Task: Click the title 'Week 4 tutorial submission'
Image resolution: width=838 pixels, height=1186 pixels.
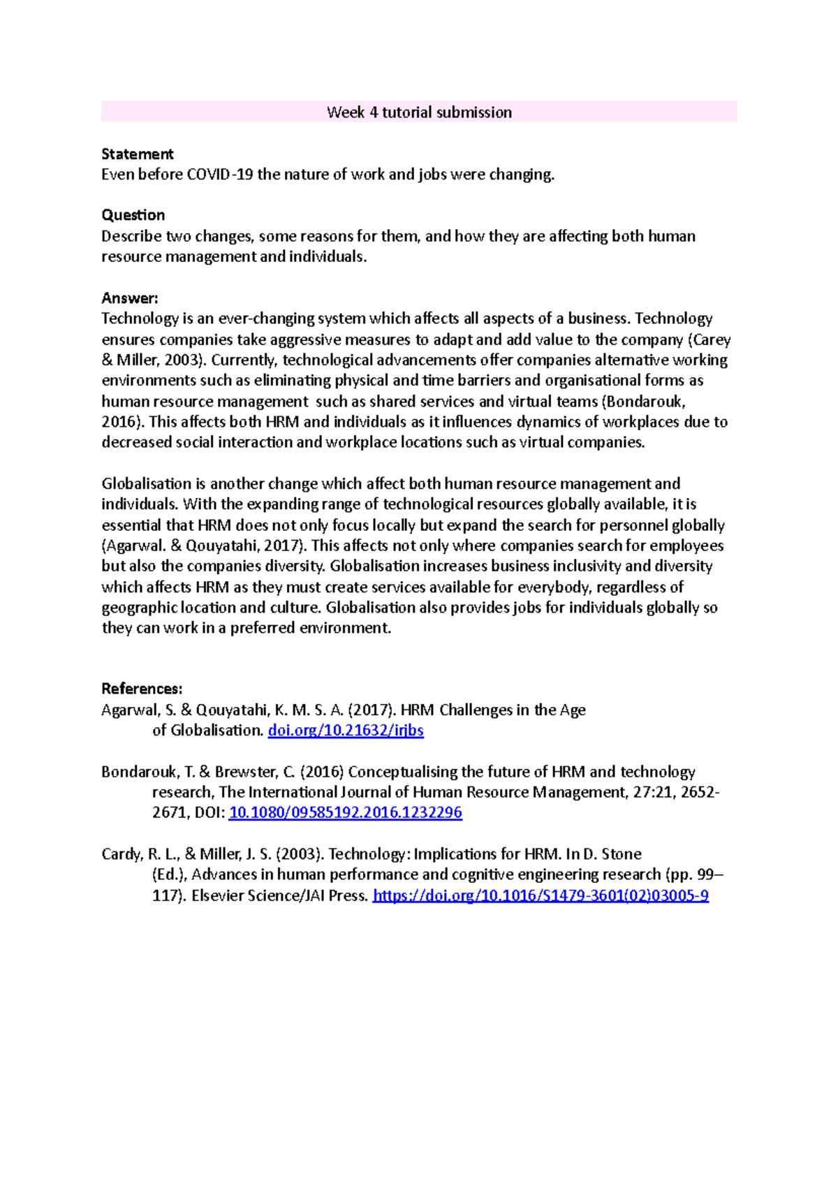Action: [419, 112]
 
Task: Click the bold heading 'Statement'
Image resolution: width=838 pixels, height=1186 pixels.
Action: [137, 154]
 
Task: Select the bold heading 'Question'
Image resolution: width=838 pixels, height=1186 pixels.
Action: [133, 215]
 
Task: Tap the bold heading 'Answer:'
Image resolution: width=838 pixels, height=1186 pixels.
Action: [130, 298]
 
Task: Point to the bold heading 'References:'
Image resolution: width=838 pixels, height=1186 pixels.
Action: [142, 689]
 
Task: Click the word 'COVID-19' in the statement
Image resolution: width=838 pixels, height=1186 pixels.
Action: [220, 175]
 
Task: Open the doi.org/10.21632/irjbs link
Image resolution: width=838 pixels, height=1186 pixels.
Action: [346, 731]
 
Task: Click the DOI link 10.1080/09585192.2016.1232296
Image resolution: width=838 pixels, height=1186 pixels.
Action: [346, 813]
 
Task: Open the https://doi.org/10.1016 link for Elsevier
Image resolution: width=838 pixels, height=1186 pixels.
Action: [541, 895]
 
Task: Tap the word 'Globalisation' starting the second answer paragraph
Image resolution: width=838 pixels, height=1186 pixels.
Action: [147, 484]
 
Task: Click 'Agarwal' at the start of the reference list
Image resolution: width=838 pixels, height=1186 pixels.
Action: [130, 710]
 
